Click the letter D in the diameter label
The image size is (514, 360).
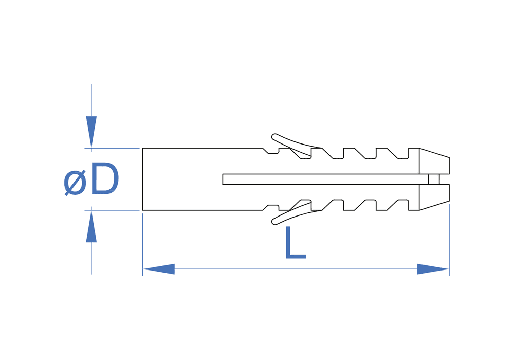tap(104, 179)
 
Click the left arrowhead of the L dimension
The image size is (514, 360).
tap(159, 269)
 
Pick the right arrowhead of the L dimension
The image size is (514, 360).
tap(433, 269)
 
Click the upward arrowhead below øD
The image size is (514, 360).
tap(91, 227)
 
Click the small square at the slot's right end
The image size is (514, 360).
tap(434, 179)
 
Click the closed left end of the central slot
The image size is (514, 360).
tap(223, 179)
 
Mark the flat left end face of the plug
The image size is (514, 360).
tap(143, 179)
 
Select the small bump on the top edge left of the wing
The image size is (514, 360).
tap(273, 151)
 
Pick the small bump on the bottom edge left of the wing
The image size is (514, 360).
tap(273, 207)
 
